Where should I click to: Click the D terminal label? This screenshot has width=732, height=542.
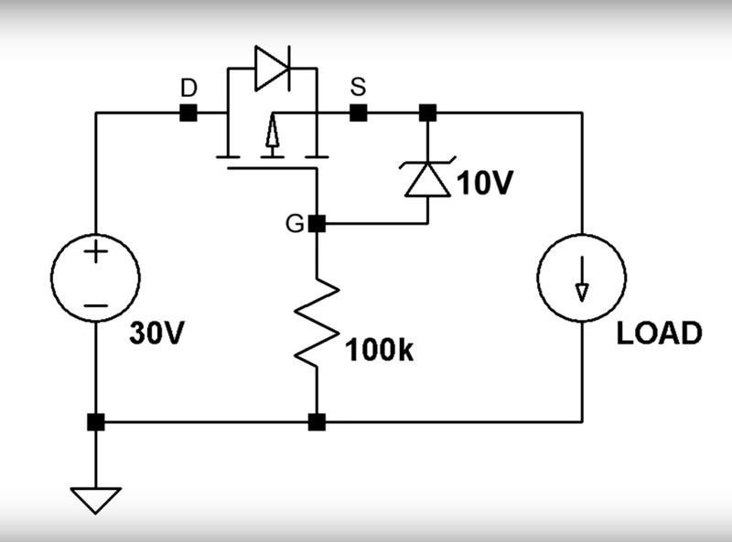188,88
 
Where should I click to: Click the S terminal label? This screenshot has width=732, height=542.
358,87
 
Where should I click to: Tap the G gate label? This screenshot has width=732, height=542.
295,224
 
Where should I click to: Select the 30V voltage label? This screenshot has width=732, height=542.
156,333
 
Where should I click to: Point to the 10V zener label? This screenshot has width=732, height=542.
485,183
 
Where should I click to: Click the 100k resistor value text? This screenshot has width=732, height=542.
379,350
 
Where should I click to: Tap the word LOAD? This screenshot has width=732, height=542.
659,333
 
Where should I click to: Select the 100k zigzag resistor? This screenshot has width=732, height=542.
317,323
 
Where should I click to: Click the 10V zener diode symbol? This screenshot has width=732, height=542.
427,177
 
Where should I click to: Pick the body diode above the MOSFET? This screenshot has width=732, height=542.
272,69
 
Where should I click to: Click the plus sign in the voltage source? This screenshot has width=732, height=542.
96,252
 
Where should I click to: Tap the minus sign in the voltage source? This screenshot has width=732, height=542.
96,306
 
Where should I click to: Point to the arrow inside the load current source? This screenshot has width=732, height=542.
582,279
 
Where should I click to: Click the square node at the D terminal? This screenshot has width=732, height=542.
188,112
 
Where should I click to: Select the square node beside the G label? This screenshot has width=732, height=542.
317,224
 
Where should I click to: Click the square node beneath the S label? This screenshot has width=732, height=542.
358,112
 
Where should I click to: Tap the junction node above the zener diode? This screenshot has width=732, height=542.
427,112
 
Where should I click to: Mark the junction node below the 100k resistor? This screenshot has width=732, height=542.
317,422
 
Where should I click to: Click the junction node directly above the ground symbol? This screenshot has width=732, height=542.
96,422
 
